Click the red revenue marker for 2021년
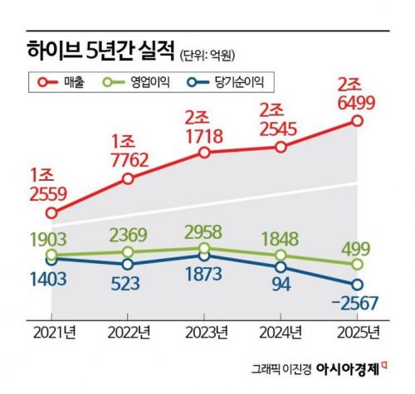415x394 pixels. [51, 213]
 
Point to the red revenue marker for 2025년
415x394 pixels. [358, 121]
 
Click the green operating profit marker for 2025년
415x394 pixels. [358, 264]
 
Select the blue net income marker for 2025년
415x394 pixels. [358, 285]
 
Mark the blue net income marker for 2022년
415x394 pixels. [128, 264]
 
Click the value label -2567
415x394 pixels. [357, 305]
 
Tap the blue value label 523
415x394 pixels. [127, 283]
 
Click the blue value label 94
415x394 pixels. [281, 287]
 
